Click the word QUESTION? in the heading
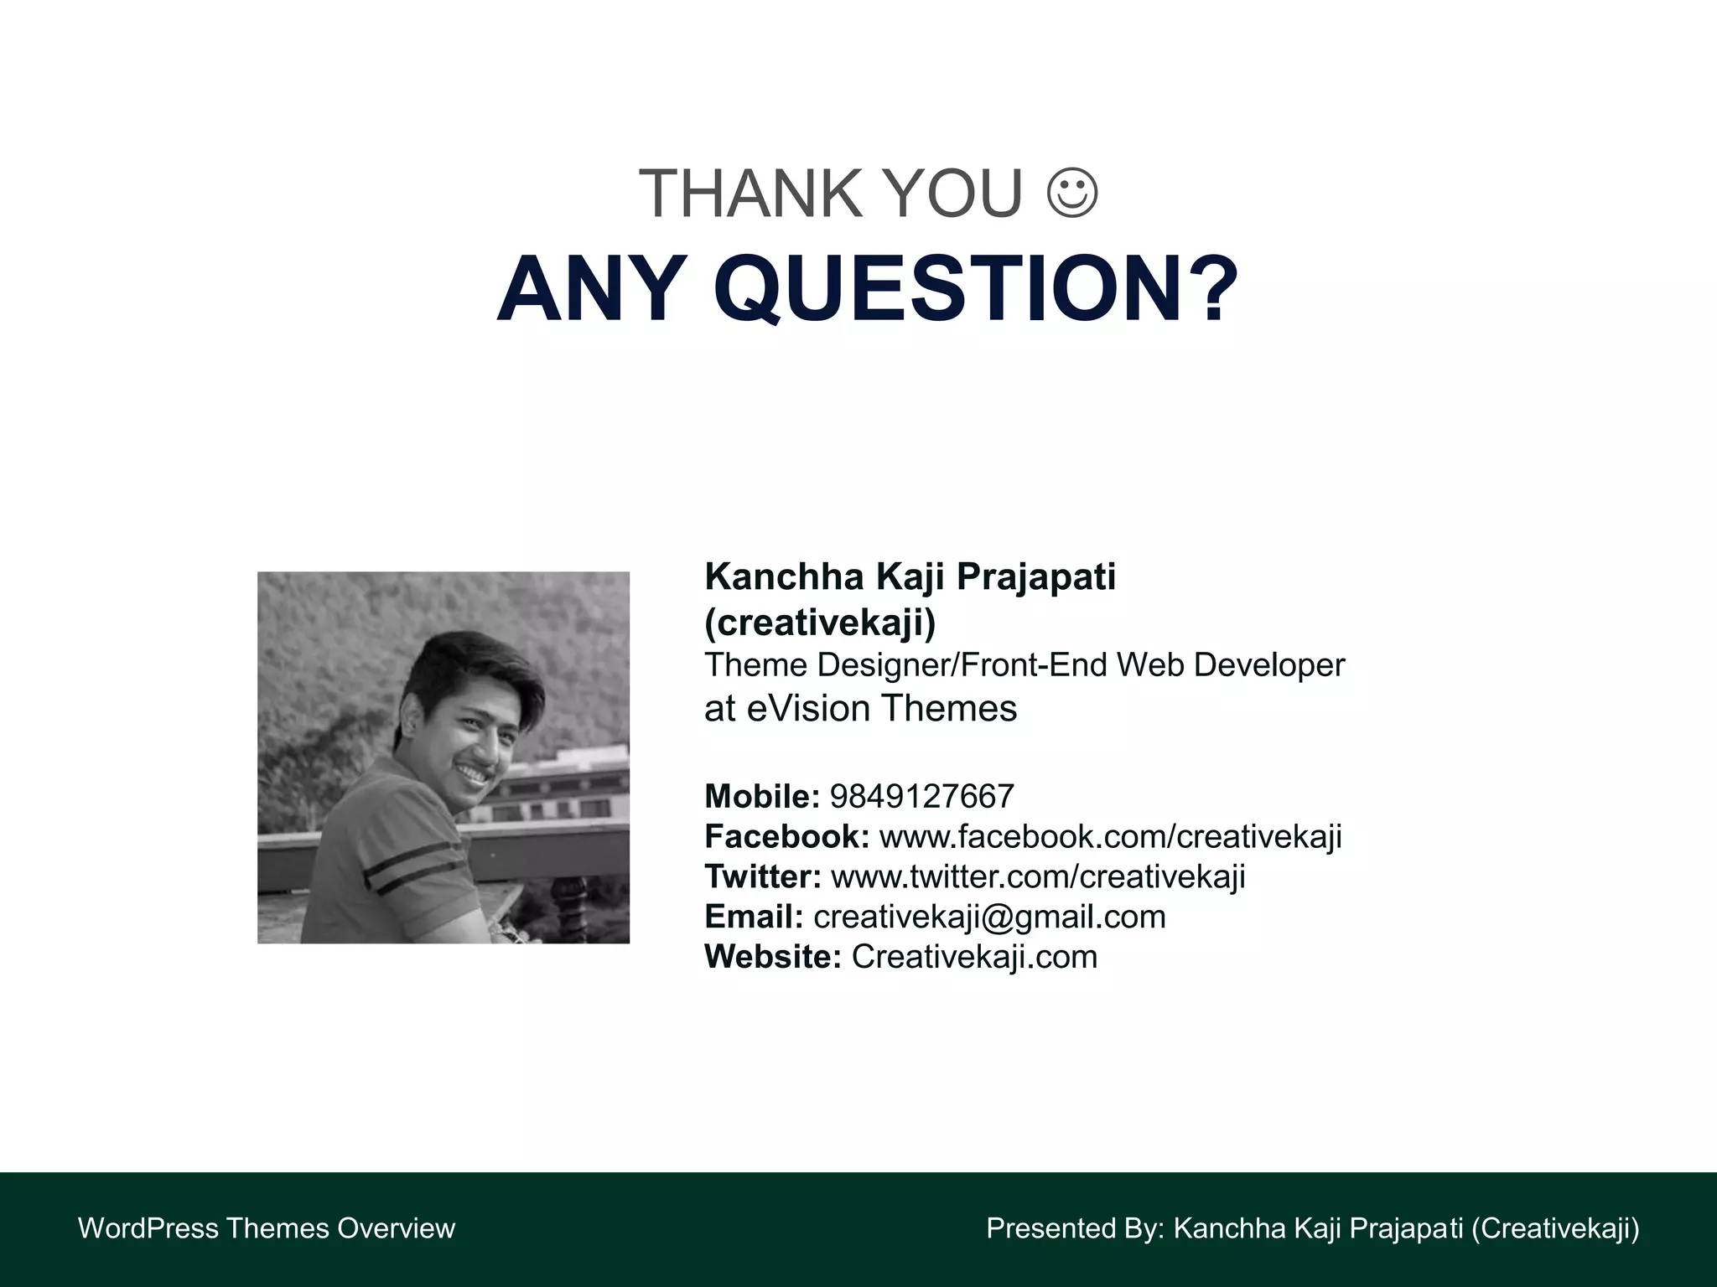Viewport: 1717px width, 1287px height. (x=976, y=289)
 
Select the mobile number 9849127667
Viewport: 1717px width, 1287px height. (x=922, y=796)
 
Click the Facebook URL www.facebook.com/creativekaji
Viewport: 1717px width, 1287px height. (x=1111, y=836)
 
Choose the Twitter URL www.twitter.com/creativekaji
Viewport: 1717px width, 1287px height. (x=1038, y=876)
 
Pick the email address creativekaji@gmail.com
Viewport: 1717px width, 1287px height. (x=989, y=917)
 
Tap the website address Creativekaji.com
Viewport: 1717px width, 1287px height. (x=974, y=957)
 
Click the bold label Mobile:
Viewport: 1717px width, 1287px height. (x=761, y=796)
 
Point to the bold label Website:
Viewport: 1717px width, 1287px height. (x=772, y=957)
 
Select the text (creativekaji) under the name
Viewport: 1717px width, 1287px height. (x=820, y=623)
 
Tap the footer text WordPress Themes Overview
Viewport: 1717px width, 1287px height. (x=267, y=1228)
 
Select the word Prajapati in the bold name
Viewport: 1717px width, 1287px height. (x=1036, y=577)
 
